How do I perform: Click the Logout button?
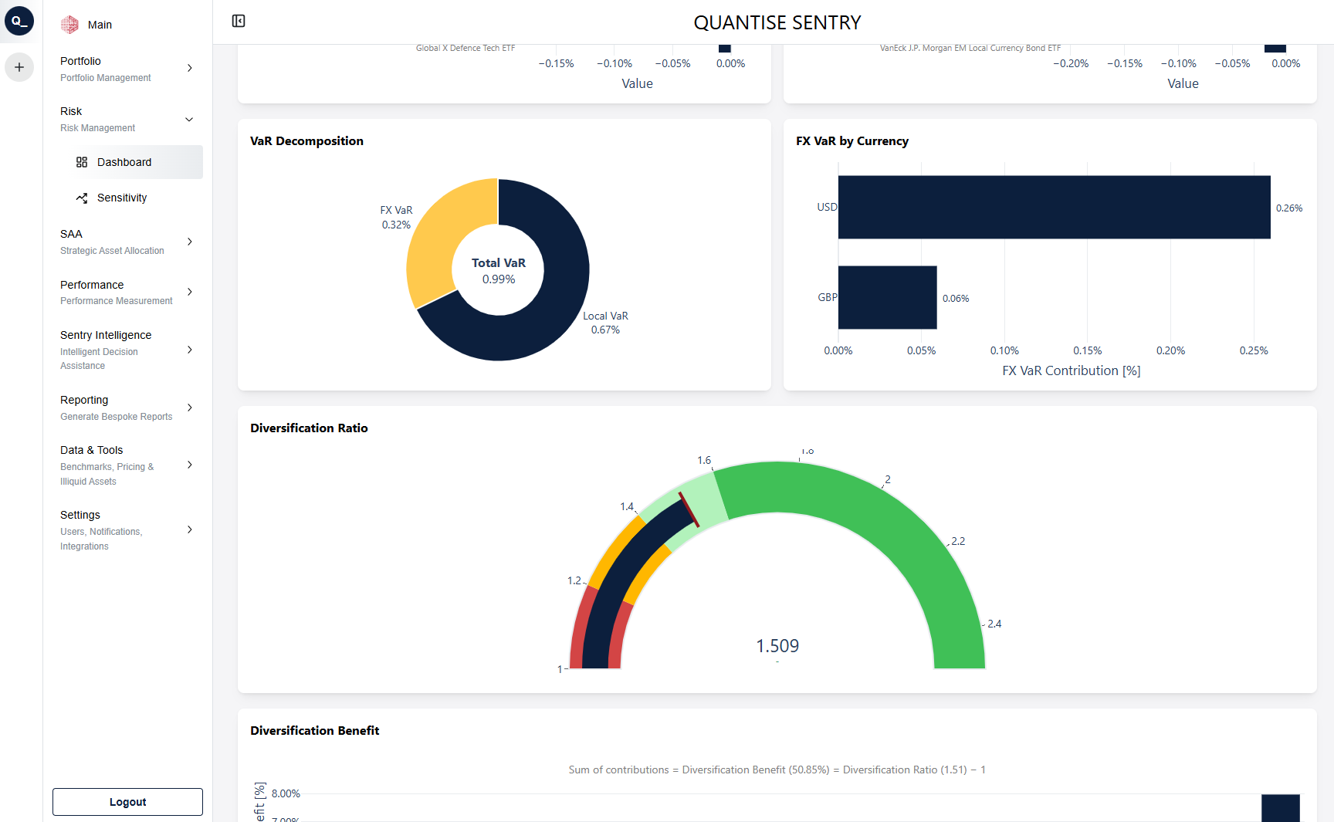pyautogui.click(x=127, y=802)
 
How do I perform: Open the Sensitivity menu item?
pyautogui.click(x=121, y=198)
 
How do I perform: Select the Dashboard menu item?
pyautogui.click(x=124, y=162)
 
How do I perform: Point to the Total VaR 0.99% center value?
pyautogui.click(x=499, y=271)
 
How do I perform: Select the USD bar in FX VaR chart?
pyautogui.click(x=1053, y=207)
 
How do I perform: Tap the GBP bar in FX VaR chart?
pyautogui.click(x=887, y=297)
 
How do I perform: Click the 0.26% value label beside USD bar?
pyautogui.click(x=1288, y=208)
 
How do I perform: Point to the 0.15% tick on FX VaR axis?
pyautogui.click(x=1087, y=350)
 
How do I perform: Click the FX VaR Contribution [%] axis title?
pyautogui.click(x=1071, y=370)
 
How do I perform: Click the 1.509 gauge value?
pyautogui.click(x=777, y=646)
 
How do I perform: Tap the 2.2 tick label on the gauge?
pyautogui.click(x=958, y=541)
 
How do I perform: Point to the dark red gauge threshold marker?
pyautogui.click(x=689, y=509)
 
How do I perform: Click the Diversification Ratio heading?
pyautogui.click(x=309, y=428)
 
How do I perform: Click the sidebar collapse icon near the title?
pyautogui.click(x=239, y=21)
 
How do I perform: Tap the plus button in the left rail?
pyautogui.click(x=19, y=67)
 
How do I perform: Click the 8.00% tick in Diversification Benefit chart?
pyautogui.click(x=286, y=793)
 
